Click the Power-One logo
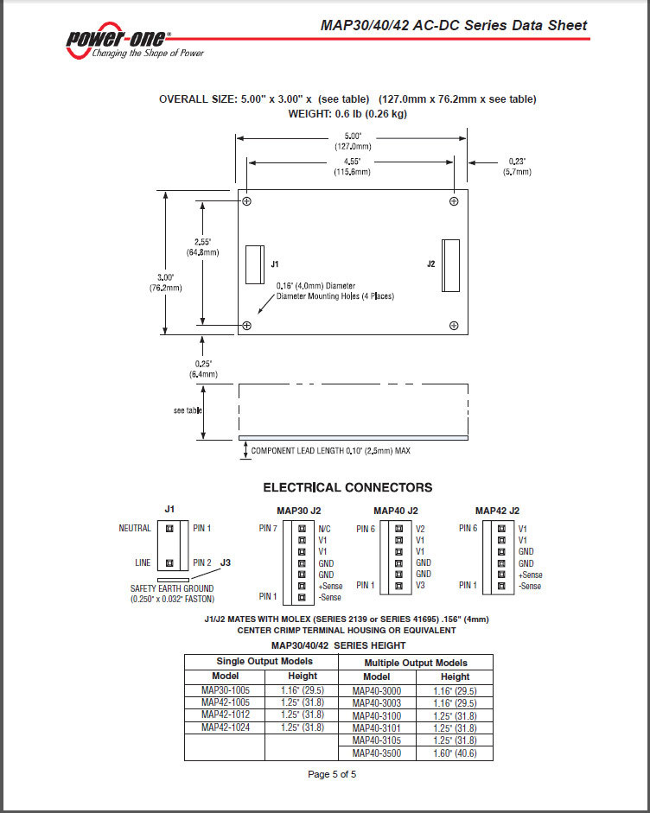coord(135,41)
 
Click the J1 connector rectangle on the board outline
coord(255,264)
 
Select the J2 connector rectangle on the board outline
coord(451,265)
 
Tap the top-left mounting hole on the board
coord(247,201)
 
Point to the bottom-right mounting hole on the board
coord(454,326)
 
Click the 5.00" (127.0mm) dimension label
coord(353,141)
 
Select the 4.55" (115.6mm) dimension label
coord(353,167)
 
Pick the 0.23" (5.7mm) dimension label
coord(517,167)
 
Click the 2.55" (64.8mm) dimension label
coord(203,247)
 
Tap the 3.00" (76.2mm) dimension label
coord(165,283)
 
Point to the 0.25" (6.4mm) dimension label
coord(203,369)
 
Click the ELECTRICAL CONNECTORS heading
coord(347,487)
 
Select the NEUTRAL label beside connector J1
coord(135,528)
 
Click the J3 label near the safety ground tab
coord(225,562)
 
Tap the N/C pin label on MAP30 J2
coord(324,529)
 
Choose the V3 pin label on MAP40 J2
coord(420,586)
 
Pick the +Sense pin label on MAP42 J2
coord(530,575)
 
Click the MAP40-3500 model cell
coord(377,753)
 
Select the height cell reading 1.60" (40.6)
coord(455,753)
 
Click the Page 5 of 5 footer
coord(332,774)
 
